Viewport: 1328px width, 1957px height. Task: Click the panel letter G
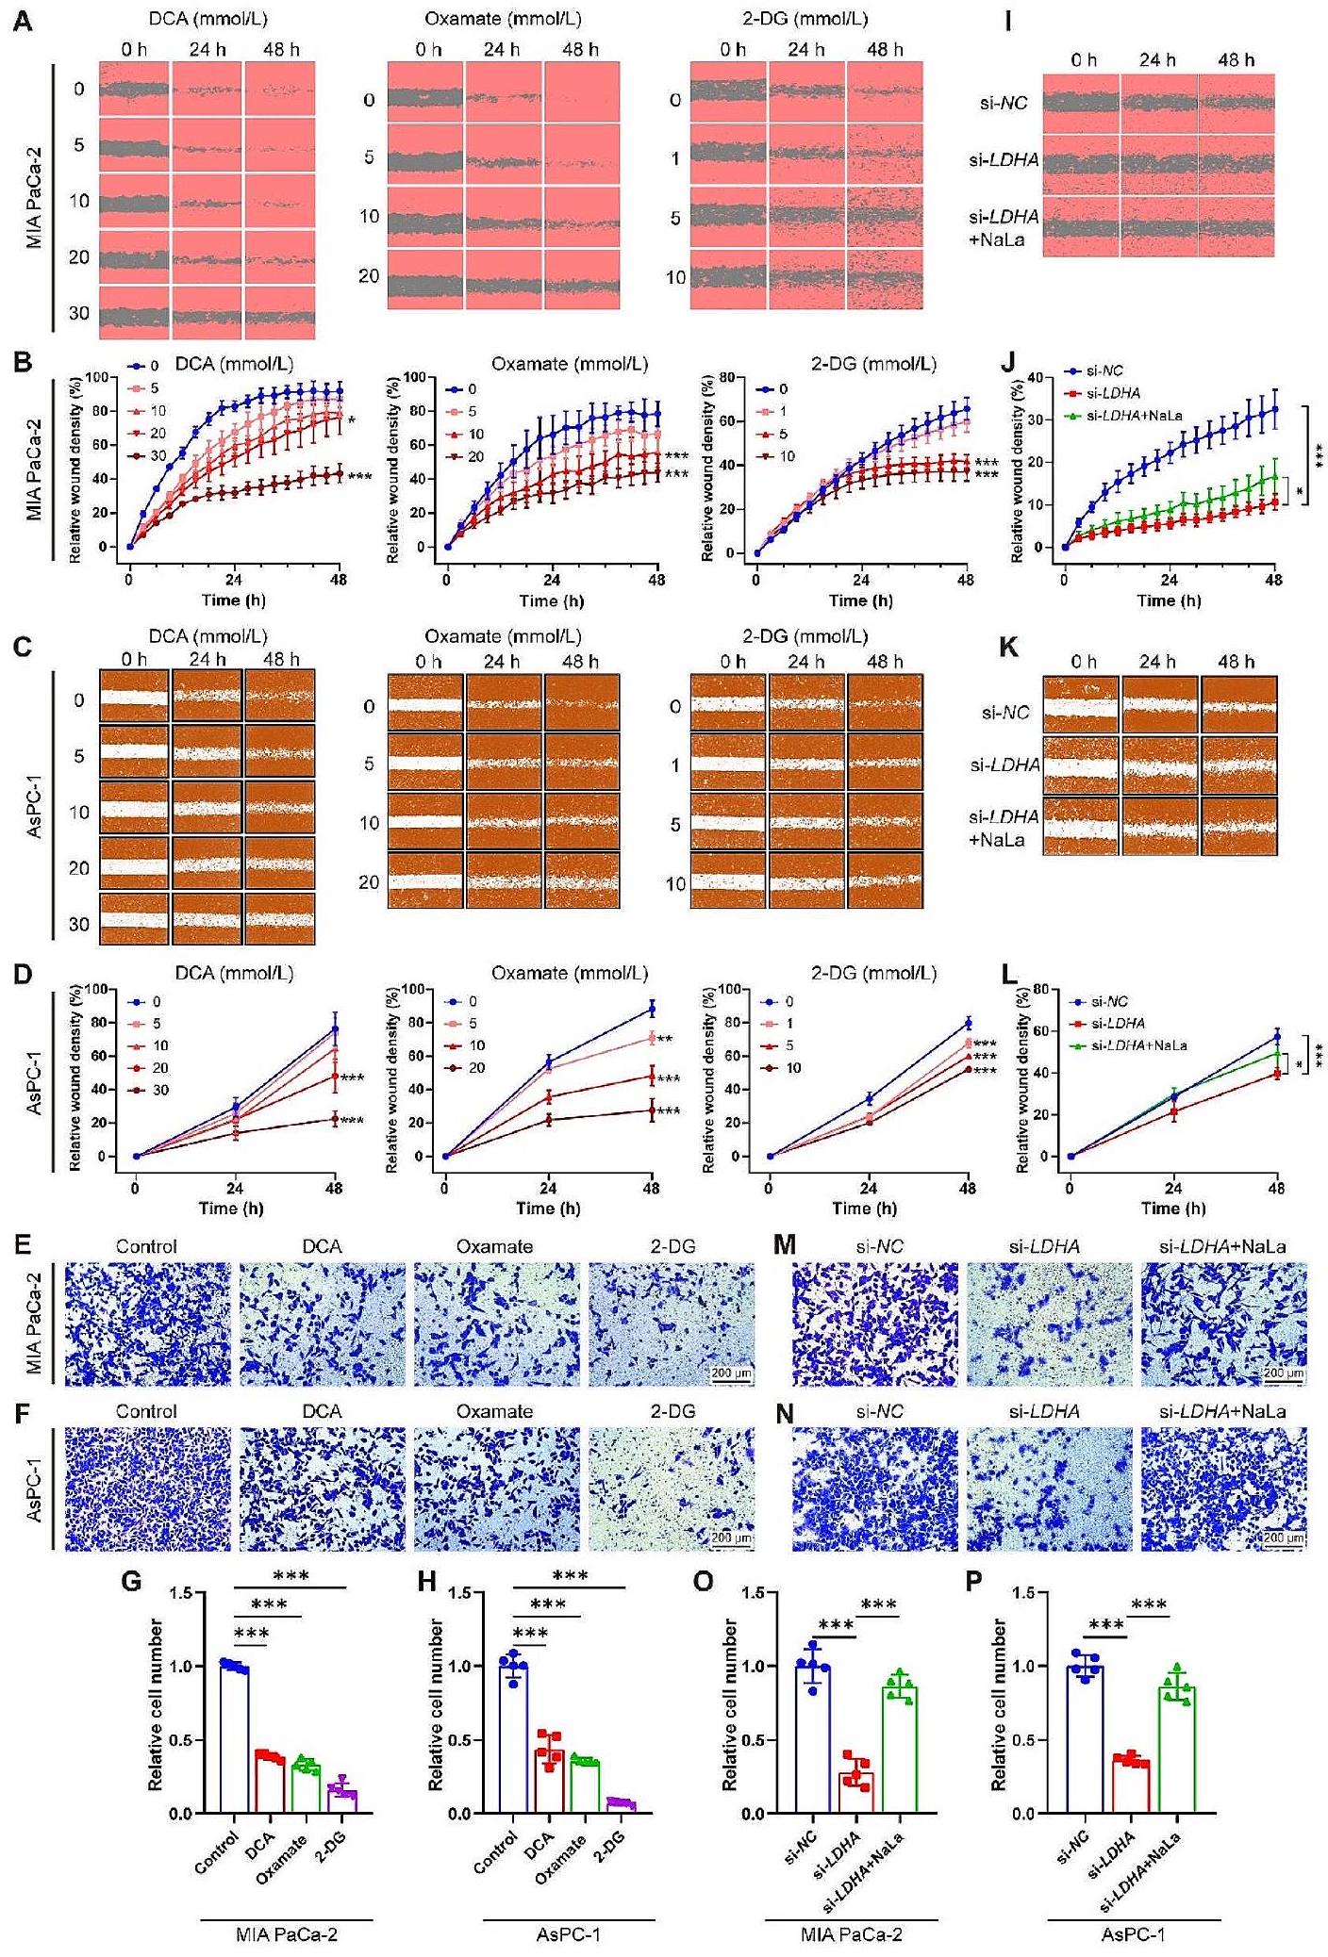click(131, 1580)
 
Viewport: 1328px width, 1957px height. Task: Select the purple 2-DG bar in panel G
click(342, 1799)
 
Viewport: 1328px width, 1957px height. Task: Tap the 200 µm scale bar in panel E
click(731, 1373)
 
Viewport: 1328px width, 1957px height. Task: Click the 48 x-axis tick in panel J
click(1274, 580)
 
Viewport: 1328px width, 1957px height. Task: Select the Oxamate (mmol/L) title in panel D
click(570, 973)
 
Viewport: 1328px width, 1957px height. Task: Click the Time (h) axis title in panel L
click(1173, 1208)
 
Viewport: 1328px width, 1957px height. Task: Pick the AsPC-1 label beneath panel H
click(568, 1934)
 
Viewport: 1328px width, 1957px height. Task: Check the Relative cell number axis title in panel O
click(729, 1703)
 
